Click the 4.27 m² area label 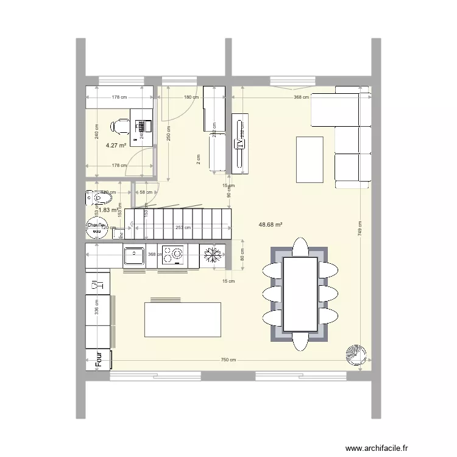click(116, 146)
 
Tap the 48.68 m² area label click(271, 224)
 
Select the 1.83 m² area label click(108, 210)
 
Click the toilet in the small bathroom click(95, 198)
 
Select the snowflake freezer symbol click(213, 255)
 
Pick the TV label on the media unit click(240, 144)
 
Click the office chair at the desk click(119, 126)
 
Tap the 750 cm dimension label click(228, 360)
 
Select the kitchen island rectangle click(183, 319)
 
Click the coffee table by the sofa click(310, 160)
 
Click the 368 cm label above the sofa click(301, 96)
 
